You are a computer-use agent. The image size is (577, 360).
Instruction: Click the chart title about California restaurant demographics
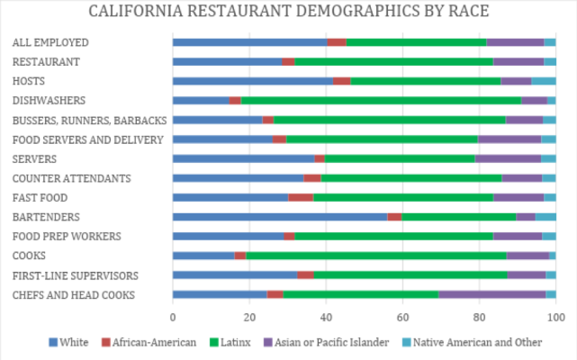(x=288, y=13)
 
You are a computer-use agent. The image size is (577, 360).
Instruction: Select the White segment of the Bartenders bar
(x=280, y=217)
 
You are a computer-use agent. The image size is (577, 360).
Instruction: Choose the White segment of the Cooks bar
(x=203, y=256)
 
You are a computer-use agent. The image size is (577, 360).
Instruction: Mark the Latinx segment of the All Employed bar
(x=416, y=42)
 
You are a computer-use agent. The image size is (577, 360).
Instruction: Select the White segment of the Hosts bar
(x=253, y=81)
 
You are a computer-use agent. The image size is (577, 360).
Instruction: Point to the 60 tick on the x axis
(x=402, y=317)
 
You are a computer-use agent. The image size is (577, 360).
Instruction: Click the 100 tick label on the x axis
(x=555, y=317)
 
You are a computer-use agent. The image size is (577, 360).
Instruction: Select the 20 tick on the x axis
(x=249, y=317)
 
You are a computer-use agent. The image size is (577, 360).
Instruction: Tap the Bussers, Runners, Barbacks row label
(x=87, y=120)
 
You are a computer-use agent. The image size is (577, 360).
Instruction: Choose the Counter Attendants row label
(x=72, y=178)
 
